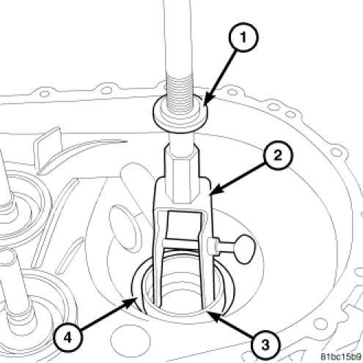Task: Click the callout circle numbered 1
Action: [243, 37]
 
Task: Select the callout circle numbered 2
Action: [278, 155]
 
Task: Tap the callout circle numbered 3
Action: [265, 345]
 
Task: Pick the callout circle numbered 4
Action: [67, 338]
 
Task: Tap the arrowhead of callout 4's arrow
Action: [129, 303]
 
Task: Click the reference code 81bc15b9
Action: [341, 356]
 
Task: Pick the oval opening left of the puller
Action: [123, 228]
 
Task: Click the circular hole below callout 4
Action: [131, 340]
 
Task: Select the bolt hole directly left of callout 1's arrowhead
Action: [107, 91]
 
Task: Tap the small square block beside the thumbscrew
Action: [212, 247]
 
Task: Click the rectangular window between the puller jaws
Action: [184, 225]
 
